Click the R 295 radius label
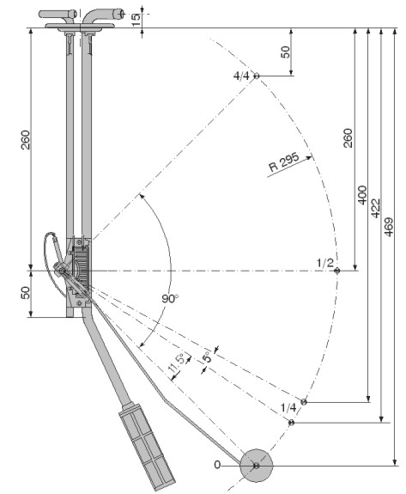[x=284, y=162]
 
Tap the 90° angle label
[x=170, y=298]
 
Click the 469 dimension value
[x=389, y=227]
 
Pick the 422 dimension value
[x=376, y=208]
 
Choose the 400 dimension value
[x=362, y=195]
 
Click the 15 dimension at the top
[x=136, y=20]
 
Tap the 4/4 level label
[x=241, y=76]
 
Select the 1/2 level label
[x=324, y=262]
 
